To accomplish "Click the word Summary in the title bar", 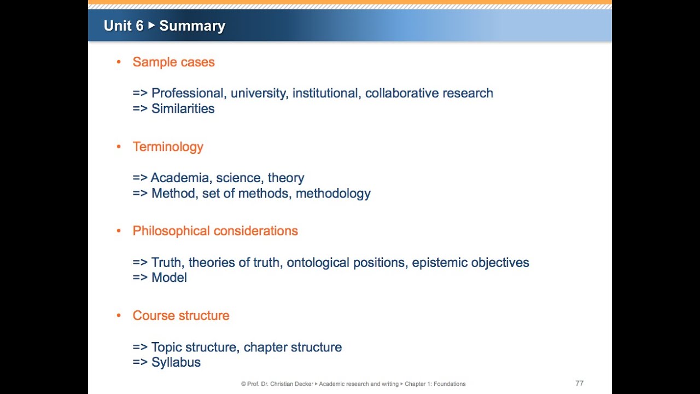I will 192,26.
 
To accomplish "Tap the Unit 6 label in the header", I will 124,26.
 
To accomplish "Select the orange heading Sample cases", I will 173,62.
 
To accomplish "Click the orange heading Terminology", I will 168,147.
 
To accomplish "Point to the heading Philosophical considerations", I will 215,231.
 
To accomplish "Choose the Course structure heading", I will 181,316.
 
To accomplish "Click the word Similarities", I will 183,108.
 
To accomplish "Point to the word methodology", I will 333,193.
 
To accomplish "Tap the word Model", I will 169,277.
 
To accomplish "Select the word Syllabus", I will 176,362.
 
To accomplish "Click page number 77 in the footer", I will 580,383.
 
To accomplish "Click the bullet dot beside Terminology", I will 119,147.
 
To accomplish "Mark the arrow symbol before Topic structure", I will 140,347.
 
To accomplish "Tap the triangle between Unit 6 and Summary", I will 151,25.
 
